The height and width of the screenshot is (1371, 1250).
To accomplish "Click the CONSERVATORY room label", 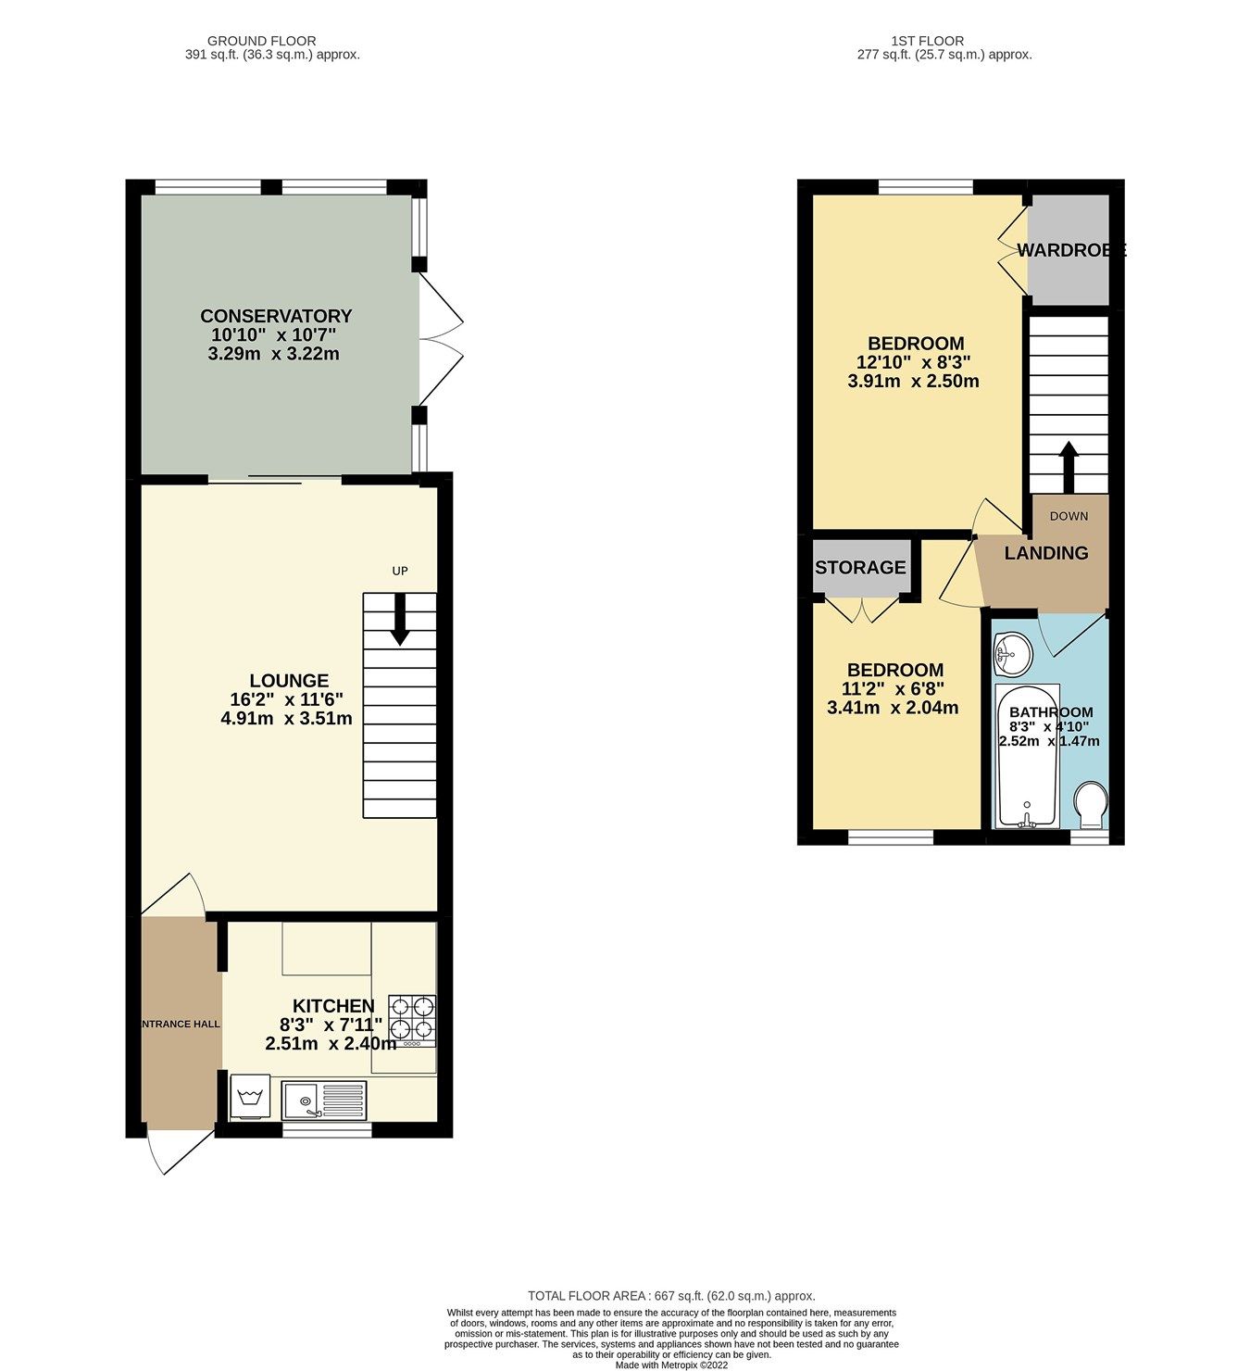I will tap(276, 316).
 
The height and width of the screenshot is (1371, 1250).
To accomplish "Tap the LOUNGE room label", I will tap(288, 681).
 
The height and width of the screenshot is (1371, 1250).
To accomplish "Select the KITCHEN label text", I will tap(333, 1006).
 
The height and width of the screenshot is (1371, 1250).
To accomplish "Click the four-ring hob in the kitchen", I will tap(412, 1018).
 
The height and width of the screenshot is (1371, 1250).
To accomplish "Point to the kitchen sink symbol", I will tap(325, 1100).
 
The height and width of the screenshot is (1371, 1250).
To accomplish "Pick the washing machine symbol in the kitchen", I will tap(249, 1097).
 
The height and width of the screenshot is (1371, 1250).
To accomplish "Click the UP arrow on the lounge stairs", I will tap(400, 618).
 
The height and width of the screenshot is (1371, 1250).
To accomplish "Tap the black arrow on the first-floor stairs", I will tap(1069, 466).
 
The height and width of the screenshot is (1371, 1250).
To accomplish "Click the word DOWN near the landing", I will tap(1069, 516).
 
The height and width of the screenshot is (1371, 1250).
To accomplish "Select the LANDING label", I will tap(1046, 553).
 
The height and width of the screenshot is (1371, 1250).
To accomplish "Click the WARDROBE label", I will tap(1070, 250).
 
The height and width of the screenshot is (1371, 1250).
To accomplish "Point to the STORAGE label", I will tap(860, 568).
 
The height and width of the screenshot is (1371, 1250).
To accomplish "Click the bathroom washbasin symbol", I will tap(1013, 655).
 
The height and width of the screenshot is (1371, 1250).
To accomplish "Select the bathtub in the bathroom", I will tap(1025, 755).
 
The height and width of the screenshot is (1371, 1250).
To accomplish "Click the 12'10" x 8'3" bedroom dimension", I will tap(913, 362).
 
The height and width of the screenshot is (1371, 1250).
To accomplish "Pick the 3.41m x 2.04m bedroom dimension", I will tap(893, 709).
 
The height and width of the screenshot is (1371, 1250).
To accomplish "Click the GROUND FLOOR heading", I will tap(261, 41).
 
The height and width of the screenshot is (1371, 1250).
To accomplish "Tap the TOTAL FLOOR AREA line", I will tap(671, 1296).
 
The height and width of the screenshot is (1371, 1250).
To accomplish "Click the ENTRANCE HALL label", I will tap(181, 1024).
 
